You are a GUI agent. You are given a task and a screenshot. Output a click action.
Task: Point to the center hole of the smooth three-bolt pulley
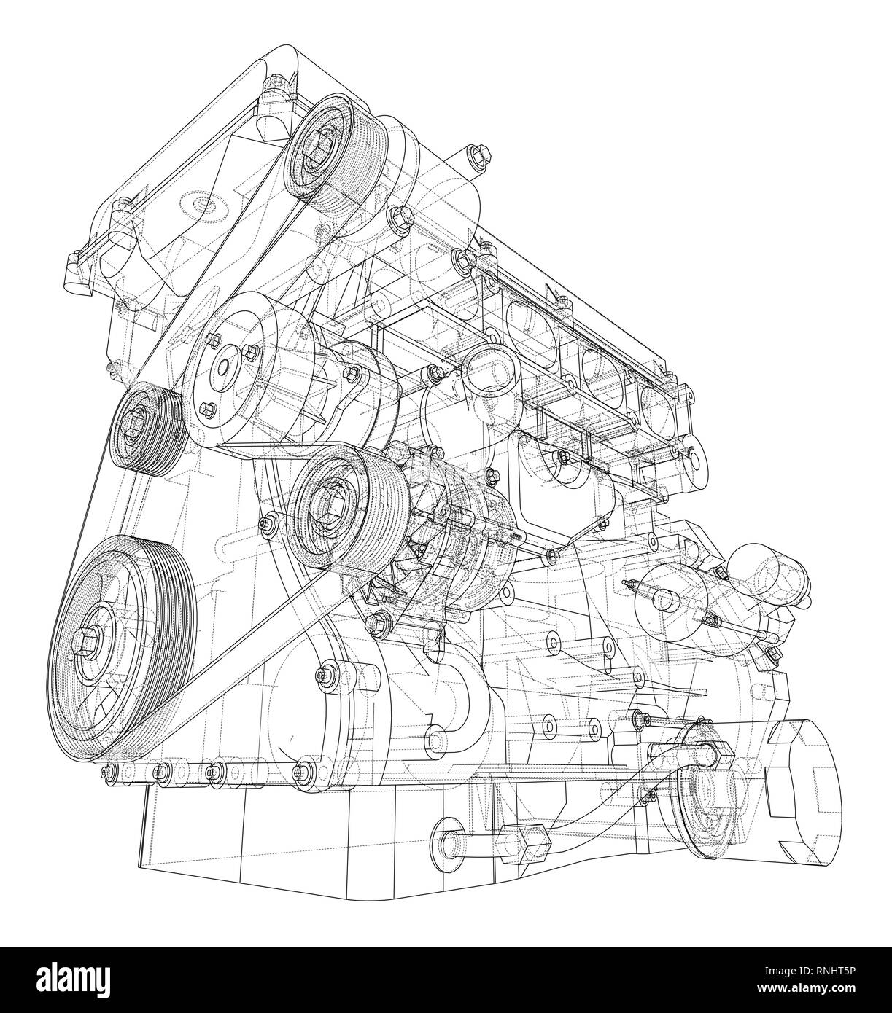tap(222, 368)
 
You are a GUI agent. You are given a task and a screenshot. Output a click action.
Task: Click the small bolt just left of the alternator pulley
tap(271, 522)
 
